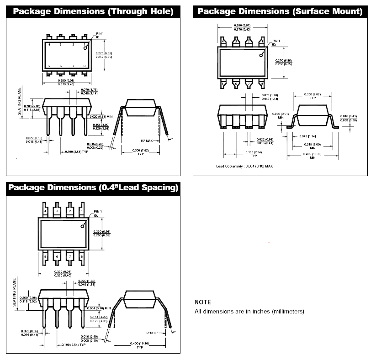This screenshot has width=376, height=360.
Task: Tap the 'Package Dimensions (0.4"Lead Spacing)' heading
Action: click(x=93, y=188)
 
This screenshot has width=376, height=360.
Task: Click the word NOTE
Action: click(x=203, y=302)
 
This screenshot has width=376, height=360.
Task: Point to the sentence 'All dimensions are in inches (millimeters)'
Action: click(x=249, y=311)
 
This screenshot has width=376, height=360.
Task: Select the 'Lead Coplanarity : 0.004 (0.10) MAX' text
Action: click(x=244, y=166)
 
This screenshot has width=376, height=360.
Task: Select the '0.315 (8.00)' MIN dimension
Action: click(x=312, y=145)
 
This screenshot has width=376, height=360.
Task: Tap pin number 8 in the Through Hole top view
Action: click(x=85, y=66)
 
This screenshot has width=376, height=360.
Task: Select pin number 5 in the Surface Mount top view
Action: click(x=223, y=83)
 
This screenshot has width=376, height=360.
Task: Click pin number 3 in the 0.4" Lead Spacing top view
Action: click(x=57, y=211)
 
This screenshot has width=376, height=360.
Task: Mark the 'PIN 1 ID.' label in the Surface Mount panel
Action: click(x=276, y=42)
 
